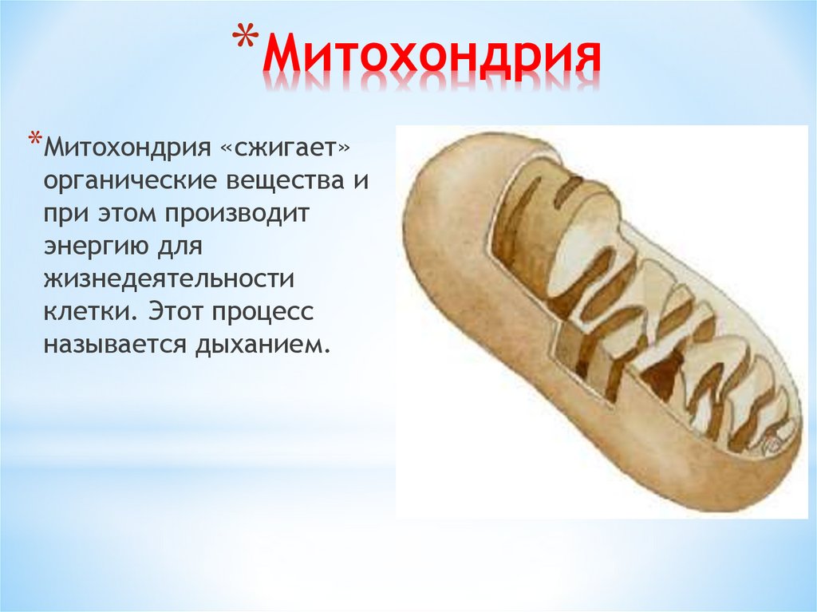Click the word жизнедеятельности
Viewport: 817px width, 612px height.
tap(164, 281)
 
